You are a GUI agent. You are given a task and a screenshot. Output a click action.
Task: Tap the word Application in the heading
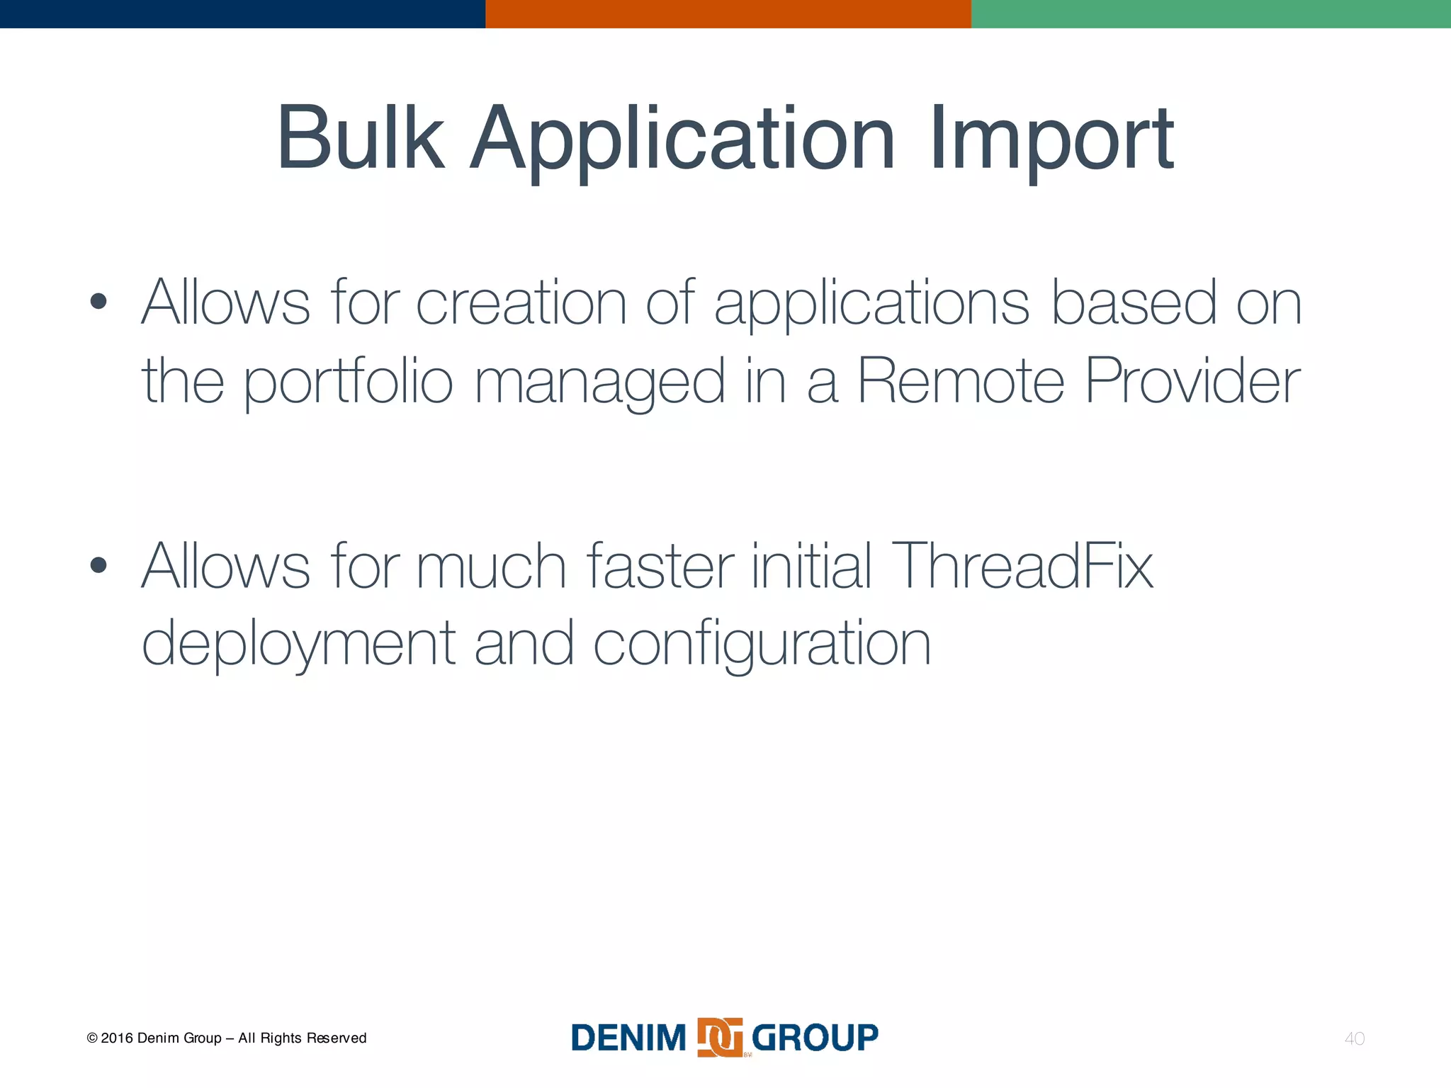tap(683, 140)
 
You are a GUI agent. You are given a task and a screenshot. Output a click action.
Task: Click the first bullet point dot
tap(98, 302)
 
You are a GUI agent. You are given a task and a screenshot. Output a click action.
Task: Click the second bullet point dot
tap(98, 565)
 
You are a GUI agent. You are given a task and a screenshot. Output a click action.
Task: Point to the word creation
tap(521, 302)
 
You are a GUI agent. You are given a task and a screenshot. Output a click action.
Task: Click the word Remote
tap(961, 380)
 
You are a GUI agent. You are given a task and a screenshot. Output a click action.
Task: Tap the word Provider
tap(1192, 380)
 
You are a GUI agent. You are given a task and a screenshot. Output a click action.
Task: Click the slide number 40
tap(1354, 1038)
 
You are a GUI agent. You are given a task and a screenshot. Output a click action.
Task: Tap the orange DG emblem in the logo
tap(720, 1038)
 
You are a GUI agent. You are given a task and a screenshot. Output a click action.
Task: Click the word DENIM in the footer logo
tap(628, 1038)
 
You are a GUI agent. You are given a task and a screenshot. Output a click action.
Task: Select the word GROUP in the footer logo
tap(815, 1038)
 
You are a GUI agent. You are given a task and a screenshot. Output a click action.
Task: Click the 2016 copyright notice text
tap(227, 1038)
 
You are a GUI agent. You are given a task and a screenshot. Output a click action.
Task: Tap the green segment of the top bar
tap(1211, 13)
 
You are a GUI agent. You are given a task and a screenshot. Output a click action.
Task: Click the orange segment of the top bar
tap(728, 13)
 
